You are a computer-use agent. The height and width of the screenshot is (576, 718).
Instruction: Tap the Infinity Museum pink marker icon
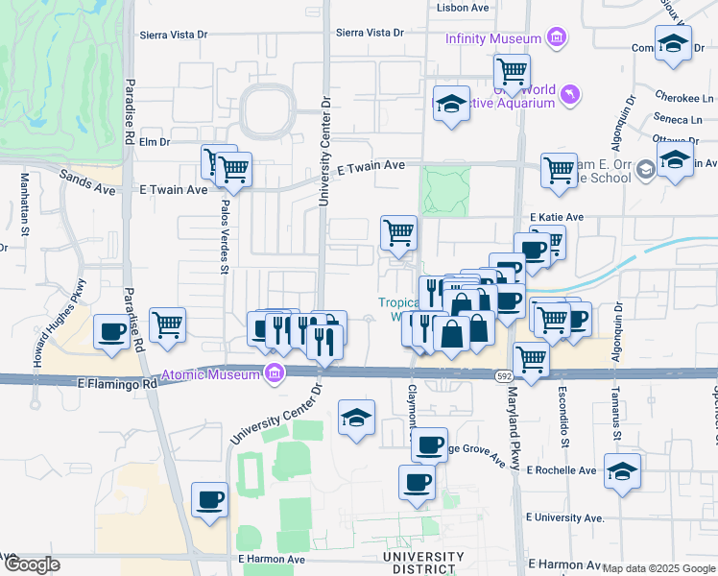pos(555,38)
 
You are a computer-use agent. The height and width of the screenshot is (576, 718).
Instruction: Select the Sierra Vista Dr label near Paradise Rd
pos(174,35)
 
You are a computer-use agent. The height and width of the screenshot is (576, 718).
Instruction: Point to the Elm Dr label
pos(154,142)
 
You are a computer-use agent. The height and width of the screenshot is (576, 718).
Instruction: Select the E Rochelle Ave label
pos(562,470)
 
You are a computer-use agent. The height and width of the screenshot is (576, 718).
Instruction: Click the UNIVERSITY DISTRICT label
pos(422,563)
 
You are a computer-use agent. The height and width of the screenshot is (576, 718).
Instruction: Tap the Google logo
pos(31,564)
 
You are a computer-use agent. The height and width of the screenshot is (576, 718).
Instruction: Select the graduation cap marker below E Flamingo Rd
pos(357,418)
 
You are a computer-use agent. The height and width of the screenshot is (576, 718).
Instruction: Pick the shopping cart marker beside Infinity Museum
pos(512,69)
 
